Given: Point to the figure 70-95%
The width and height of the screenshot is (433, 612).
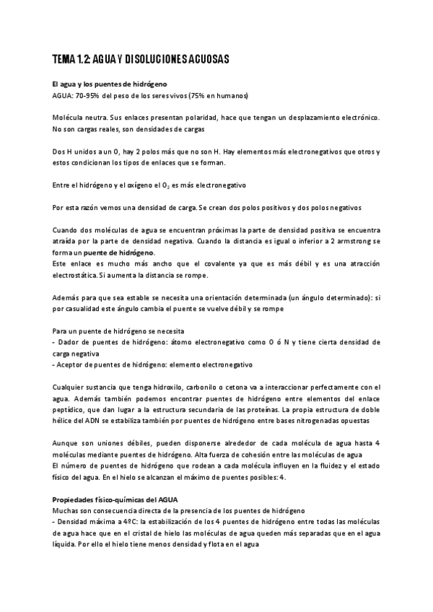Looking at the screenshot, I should tap(91, 95).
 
